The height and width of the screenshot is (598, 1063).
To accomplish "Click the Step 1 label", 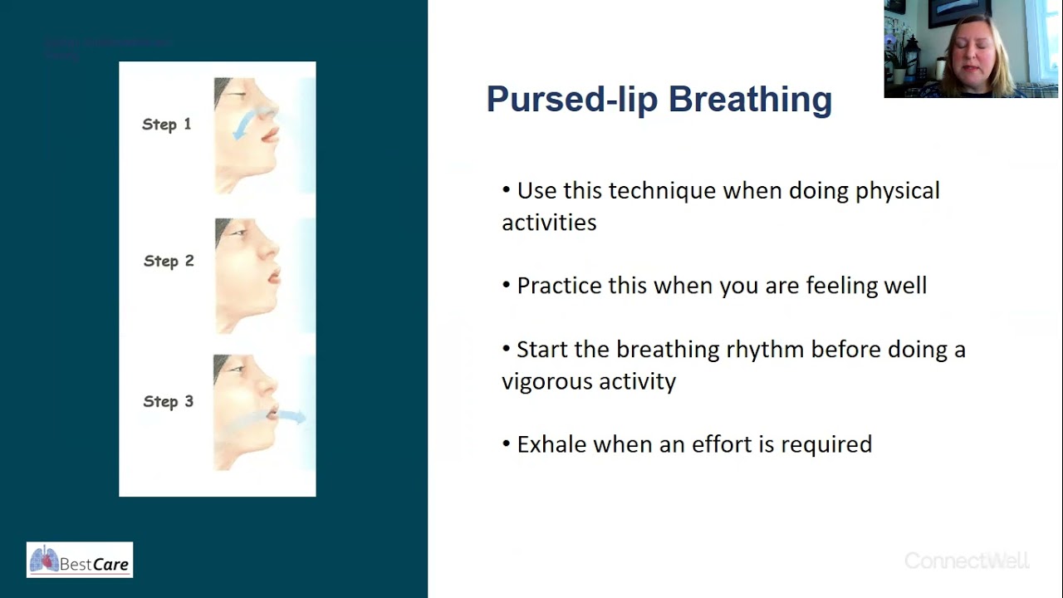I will [166, 125].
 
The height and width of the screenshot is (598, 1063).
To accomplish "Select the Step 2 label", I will [168, 261].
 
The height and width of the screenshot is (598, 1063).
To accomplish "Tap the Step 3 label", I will [168, 401].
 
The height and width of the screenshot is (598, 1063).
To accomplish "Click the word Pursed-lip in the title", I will [572, 99].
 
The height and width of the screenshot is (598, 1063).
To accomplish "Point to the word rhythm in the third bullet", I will [765, 350].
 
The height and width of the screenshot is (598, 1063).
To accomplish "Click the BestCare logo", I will [80, 560].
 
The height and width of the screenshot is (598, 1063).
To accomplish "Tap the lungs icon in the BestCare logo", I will [44, 559].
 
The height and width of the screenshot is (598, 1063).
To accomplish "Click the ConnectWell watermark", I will [967, 561].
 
